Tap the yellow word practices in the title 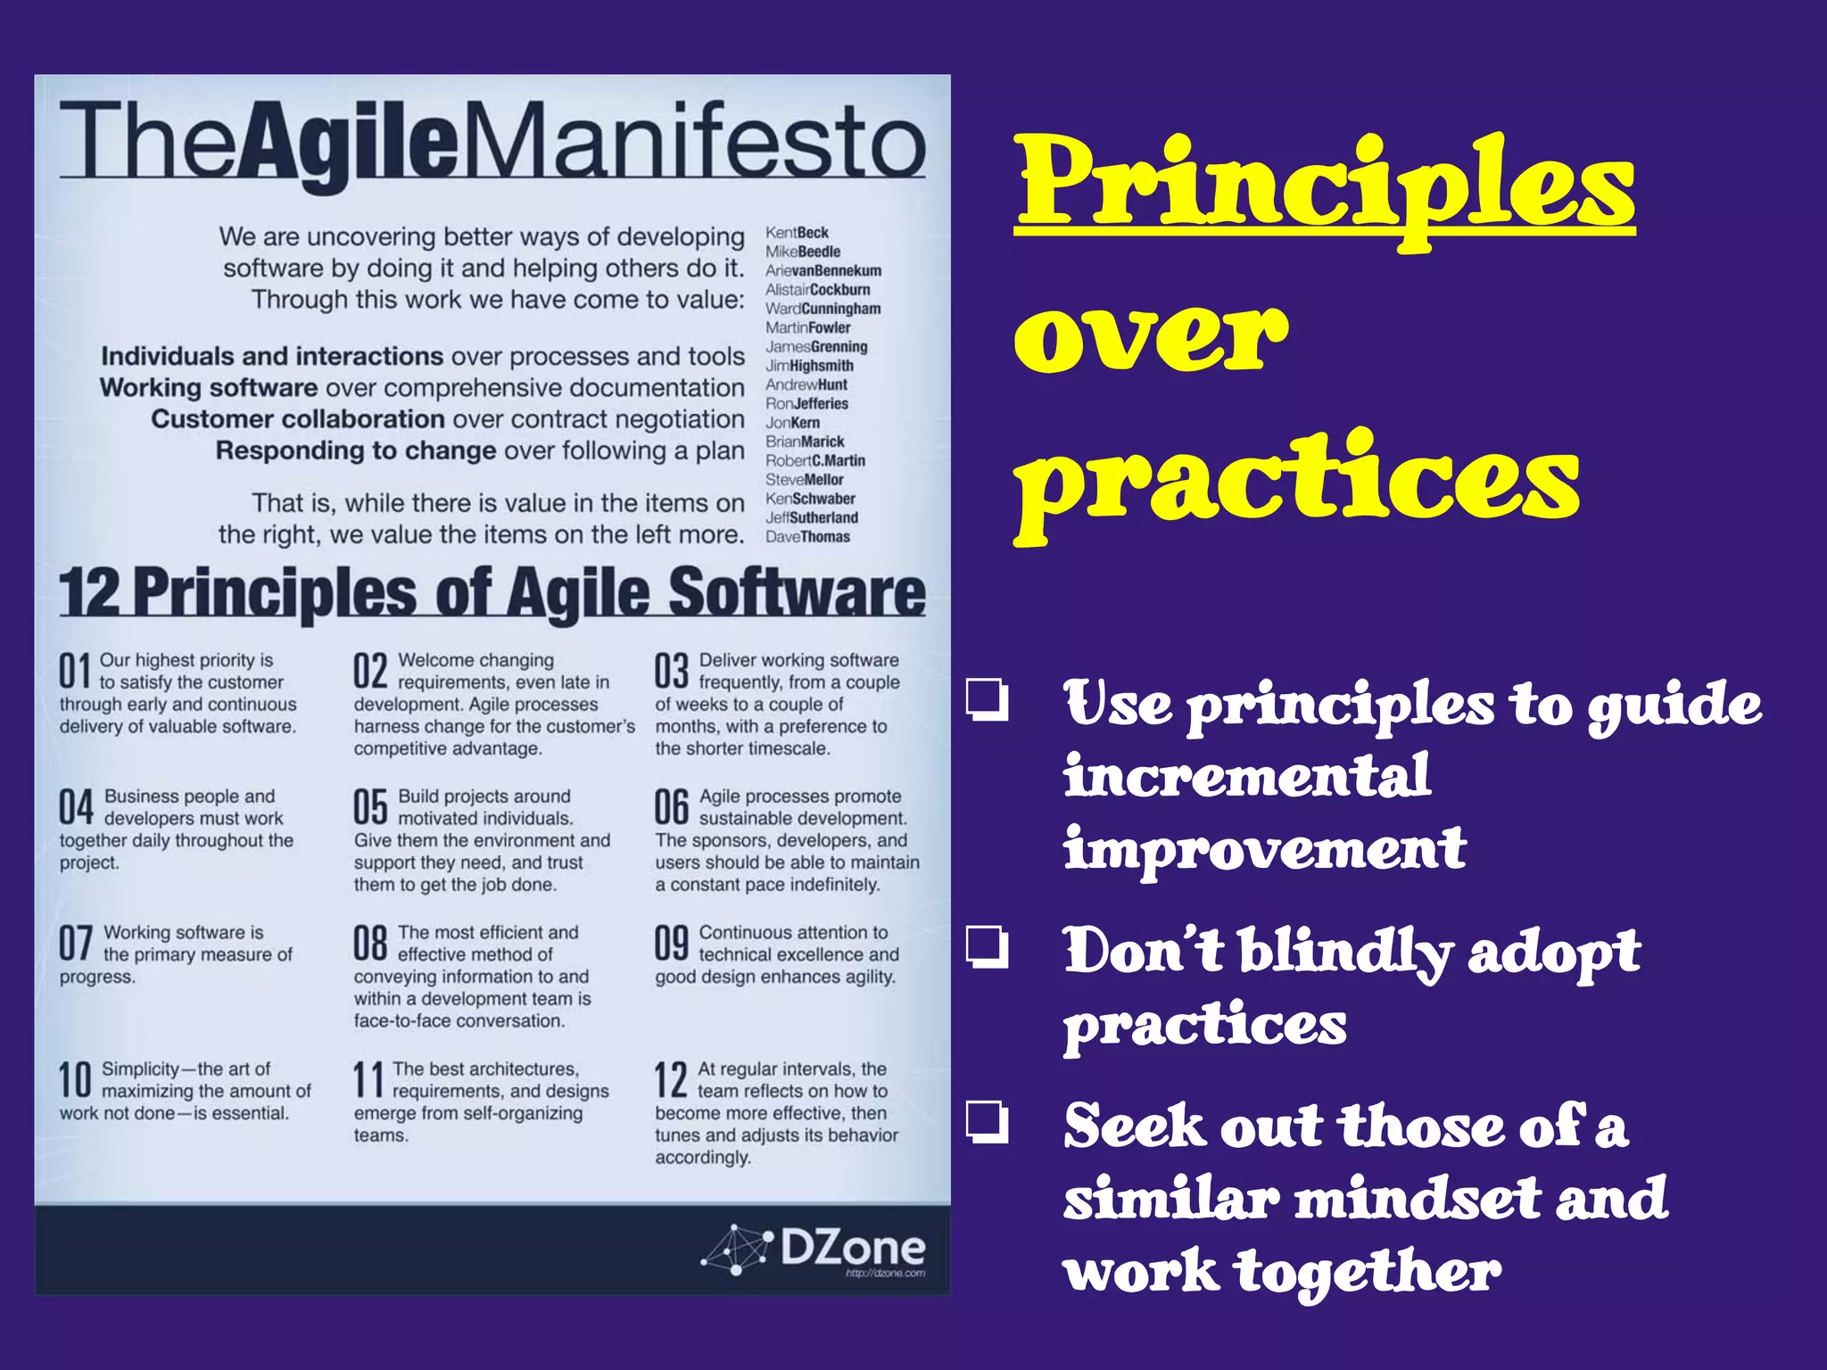click(x=1298, y=482)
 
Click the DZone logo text click(x=852, y=1247)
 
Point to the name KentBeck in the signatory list click(x=797, y=233)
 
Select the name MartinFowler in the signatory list click(x=807, y=327)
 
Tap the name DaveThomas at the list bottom click(x=807, y=537)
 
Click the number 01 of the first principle click(x=76, y=671)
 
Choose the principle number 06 click(x=672, y=807)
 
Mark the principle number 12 click(x=671, y=1080)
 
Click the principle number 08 click(x=370, y=944)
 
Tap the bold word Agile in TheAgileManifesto click(x=350, y=143)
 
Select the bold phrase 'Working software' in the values click(x=209, y=388)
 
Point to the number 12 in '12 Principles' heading click(x=90, y=594)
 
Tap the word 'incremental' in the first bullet click(x=1247, y=775)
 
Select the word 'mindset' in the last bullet click(x=1418, y=1198)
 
